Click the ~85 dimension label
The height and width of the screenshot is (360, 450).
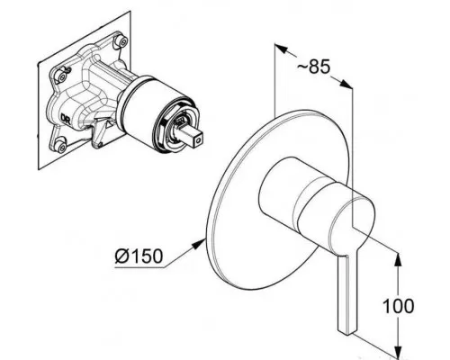313,67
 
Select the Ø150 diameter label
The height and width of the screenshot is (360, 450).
139,256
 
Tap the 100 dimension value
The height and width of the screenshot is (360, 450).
399,306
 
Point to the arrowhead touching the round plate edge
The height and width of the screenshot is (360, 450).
199,243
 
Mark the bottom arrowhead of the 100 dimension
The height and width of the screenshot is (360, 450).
398,351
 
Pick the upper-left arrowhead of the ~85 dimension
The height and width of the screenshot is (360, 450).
281,49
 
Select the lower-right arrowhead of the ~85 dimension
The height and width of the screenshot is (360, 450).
346,84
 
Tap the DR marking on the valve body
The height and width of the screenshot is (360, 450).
65,119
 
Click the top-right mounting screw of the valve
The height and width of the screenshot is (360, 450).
121,41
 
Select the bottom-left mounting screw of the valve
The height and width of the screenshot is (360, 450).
61,146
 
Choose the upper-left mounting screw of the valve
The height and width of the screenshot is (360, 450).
62,76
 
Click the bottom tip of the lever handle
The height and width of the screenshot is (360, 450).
347,332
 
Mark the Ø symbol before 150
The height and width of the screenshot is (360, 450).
121,256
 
